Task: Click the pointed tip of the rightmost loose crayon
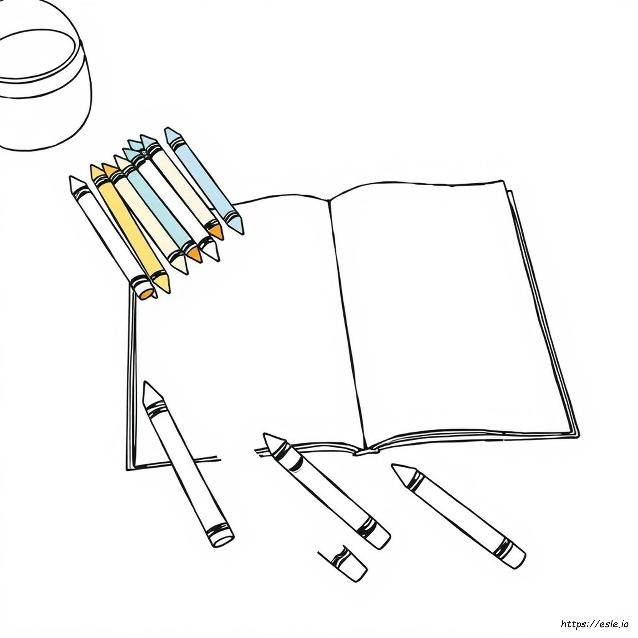point(393,466)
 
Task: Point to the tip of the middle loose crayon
point(265,435)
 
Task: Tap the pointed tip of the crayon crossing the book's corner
point(145,383)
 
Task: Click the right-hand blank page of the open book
point(446,314)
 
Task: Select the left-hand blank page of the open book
point(244,330)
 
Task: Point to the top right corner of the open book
point(503,181)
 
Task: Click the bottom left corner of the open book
point(127,470)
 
